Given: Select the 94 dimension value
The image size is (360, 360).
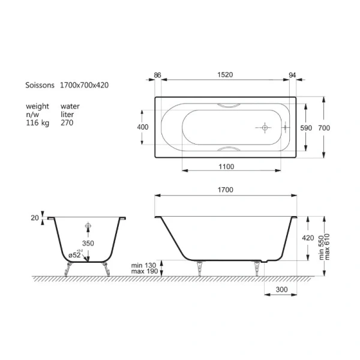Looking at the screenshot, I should pos(293,75).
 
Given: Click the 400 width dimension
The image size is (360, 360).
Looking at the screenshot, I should pos(143,127).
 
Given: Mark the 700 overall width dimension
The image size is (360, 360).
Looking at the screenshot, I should pos(325,128).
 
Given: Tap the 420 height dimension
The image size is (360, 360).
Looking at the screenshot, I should pos(308,238).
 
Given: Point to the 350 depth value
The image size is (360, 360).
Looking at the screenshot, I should pos(88,245).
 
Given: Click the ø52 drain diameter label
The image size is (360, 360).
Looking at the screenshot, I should pos(75,255).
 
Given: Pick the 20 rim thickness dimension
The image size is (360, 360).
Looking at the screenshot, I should pos(35,217).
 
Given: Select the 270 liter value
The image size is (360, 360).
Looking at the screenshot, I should pos(67,122).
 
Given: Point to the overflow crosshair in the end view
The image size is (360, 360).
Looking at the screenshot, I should pos(88,227).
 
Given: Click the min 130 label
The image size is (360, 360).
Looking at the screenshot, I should pos(144,265).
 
